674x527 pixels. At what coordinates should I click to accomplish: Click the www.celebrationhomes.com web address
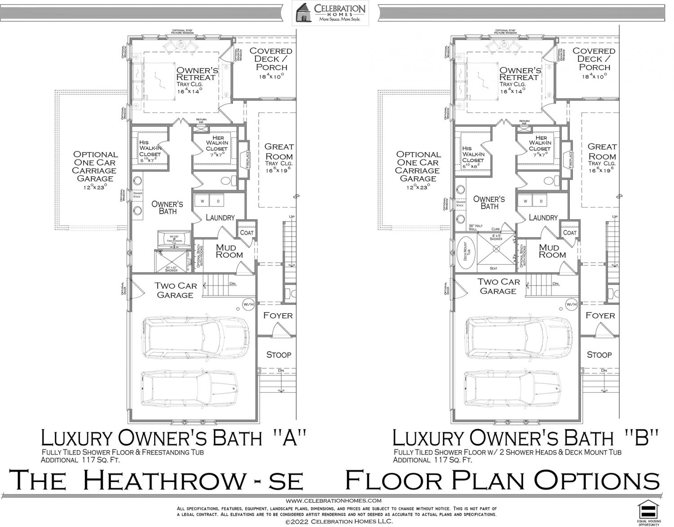tap(333, 500)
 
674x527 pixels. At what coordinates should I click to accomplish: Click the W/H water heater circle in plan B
tap(572, 304)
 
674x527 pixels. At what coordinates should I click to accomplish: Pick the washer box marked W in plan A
tap(202, 201)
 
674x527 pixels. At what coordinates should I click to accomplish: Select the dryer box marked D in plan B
tap(541, 201)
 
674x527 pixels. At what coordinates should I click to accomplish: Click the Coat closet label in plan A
tap(247, 232)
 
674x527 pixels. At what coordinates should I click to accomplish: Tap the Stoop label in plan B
tap(599, 355)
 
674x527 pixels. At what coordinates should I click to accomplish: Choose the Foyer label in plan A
tap(278, 316)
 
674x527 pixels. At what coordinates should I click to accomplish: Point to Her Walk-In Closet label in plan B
tap(541, 143)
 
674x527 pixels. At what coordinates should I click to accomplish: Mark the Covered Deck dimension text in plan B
tap(594, 76)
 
